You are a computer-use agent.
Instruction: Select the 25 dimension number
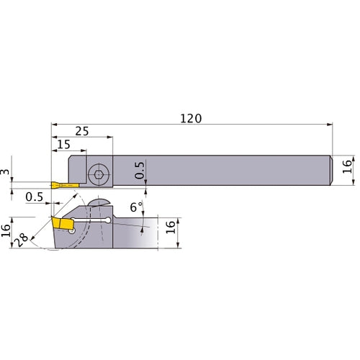click(81, 130)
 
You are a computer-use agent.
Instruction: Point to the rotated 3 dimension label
click(6, 171)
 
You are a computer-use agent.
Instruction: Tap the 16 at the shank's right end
click(347, 167)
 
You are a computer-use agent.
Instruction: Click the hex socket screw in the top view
click(98, 174)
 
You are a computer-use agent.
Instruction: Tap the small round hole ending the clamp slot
click(109, 220)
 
